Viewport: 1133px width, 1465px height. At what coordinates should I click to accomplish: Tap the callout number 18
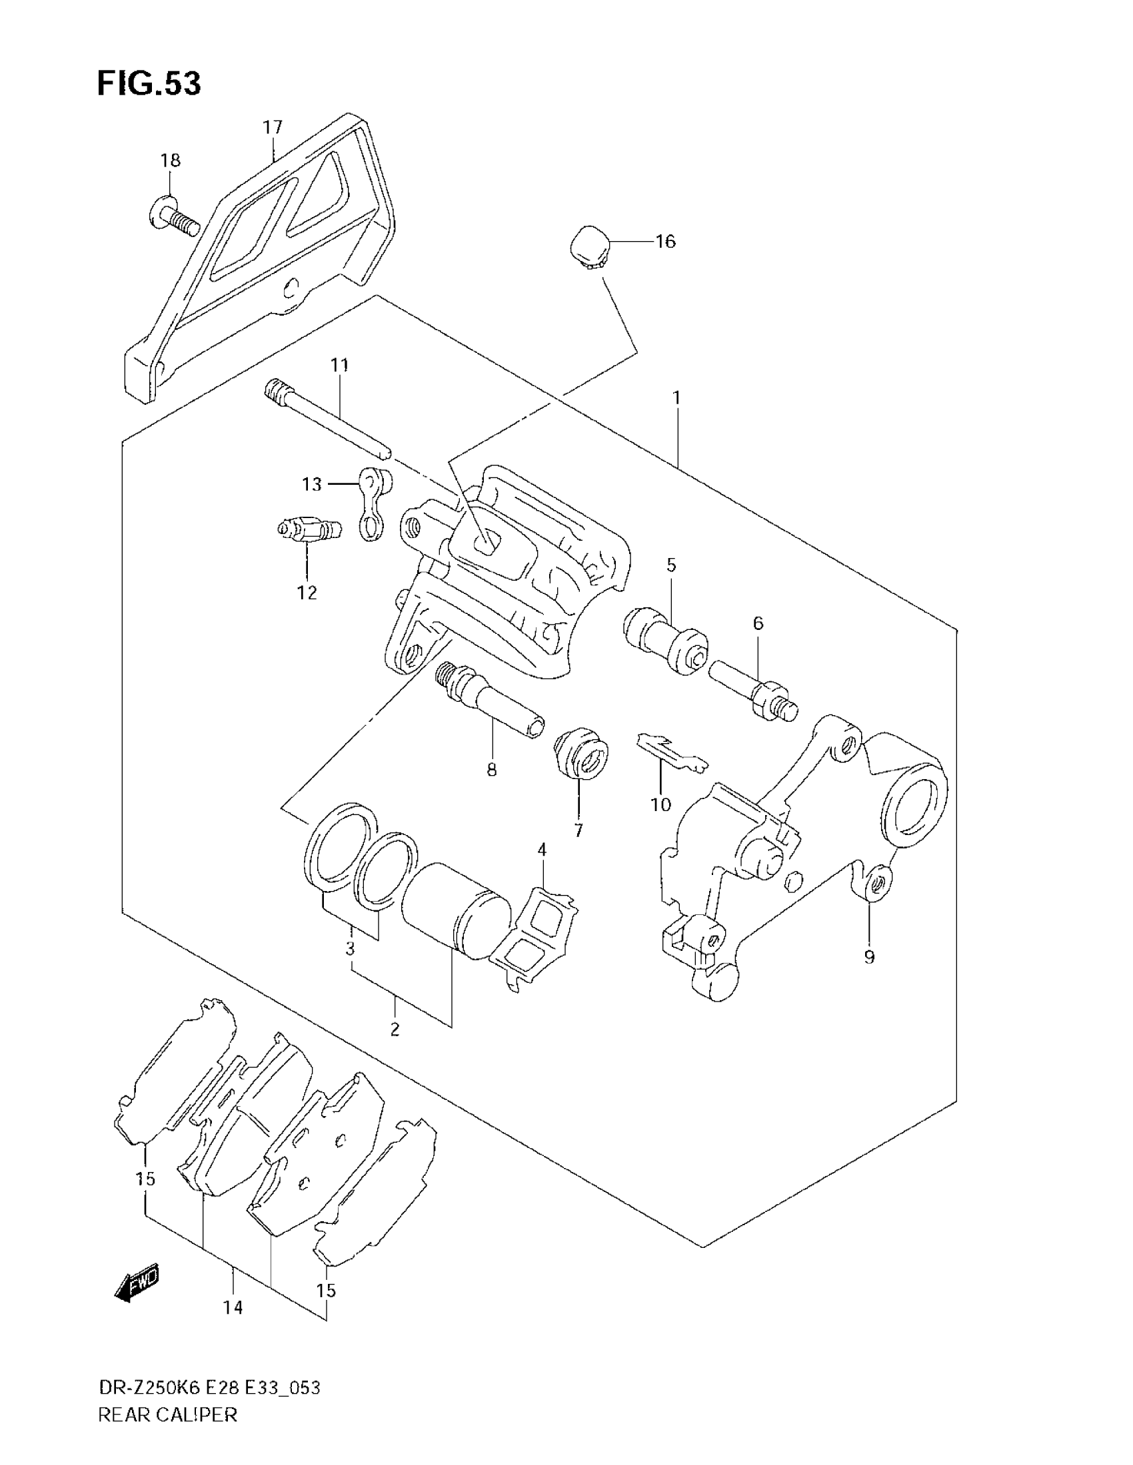(171, 161)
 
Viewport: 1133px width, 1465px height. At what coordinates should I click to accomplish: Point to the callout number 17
(273, 127)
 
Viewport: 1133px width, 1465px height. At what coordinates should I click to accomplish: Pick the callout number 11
(340, 366)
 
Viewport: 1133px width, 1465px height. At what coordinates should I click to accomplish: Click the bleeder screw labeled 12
(308, 531)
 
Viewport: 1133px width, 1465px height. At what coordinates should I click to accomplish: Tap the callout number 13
(312, 484)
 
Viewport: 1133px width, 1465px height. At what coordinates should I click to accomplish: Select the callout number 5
(671, 565)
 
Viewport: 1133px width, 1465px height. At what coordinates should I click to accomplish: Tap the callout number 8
(492, 770)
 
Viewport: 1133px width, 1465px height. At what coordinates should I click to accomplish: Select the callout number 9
(869, 957)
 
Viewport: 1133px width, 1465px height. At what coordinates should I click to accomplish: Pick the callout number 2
(395, 1047)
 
